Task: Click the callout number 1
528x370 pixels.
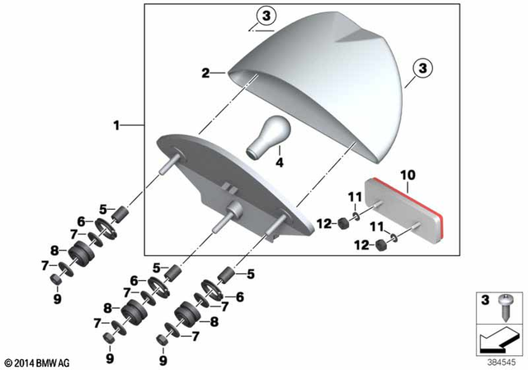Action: pyautogui.click(x=117, y=126)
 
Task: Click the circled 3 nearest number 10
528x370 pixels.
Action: pyautogui.click(x=421, y=66)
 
